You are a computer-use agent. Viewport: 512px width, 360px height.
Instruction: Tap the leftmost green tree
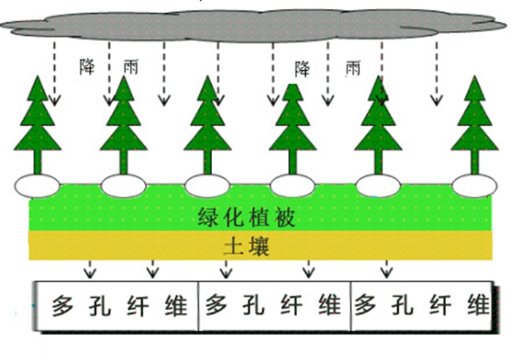coord(38,121)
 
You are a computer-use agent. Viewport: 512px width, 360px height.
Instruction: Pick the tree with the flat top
coord(293,121)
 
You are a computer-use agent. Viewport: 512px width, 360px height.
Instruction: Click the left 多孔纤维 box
coord(117,305)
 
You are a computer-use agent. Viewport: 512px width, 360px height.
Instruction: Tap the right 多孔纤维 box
coord(422,305)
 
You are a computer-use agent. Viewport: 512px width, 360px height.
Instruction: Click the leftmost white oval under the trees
coord(36,186)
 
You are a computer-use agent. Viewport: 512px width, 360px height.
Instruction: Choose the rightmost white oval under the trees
coord(474,186)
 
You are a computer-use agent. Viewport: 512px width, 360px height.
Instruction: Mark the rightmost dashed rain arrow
coord(437,73)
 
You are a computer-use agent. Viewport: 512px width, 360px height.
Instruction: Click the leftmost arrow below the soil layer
coord(89,269)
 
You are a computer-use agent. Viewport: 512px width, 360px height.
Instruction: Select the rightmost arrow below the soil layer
coord(385,269)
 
